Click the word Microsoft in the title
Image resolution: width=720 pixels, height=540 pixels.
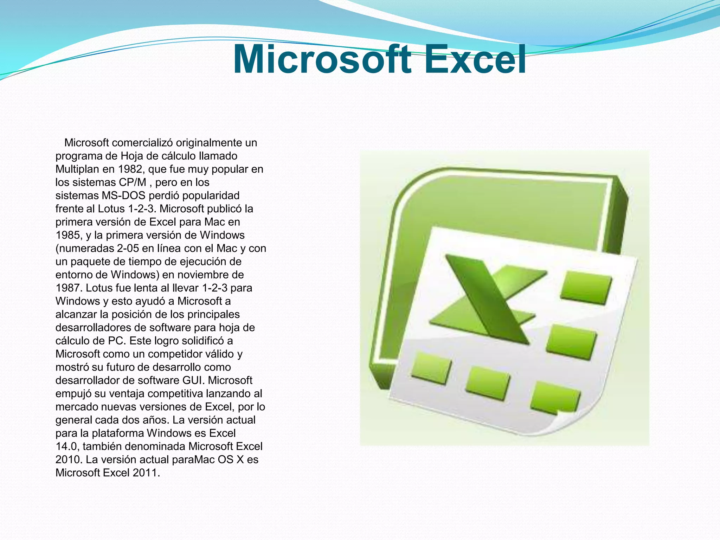(322, 60)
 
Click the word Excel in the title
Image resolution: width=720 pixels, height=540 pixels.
(475, 60)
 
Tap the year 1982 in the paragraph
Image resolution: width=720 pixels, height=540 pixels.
(130, 169)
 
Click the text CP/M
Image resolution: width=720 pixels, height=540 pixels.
(133, 182)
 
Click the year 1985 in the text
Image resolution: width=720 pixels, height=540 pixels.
(68, 235)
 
